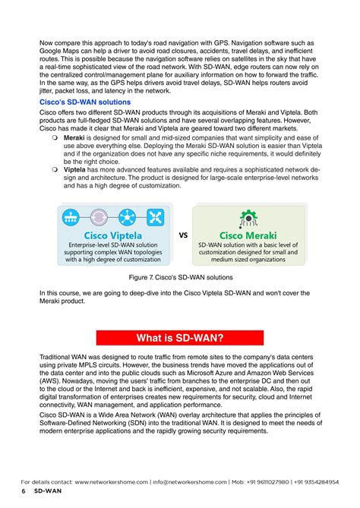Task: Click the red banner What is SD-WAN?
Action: [179, 336]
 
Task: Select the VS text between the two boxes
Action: [183, 235]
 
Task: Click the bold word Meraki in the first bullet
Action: [74, 139]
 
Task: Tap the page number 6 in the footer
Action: [24, 492]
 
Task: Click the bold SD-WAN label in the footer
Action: [49, 492]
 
